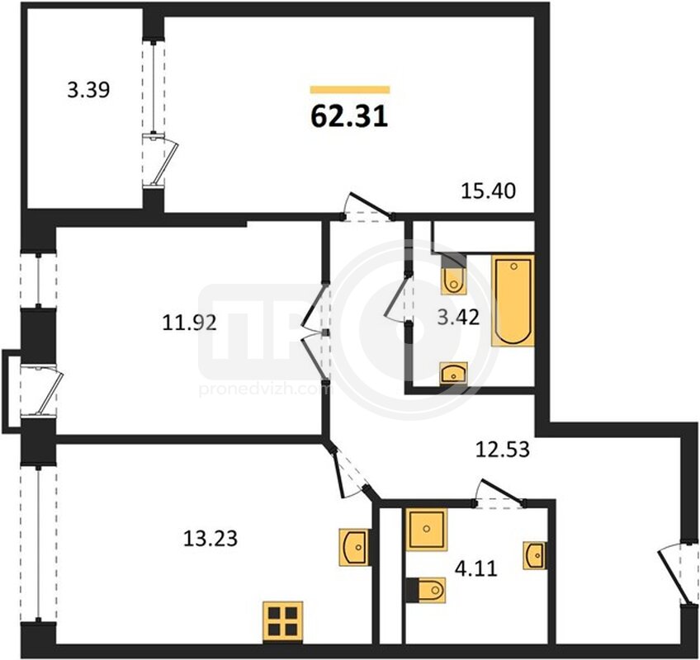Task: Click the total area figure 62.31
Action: coord(349,117)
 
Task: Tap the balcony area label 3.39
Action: coord(88,90)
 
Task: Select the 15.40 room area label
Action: coord(488,191)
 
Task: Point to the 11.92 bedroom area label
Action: coord(189,323)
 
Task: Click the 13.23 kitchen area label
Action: coord(210,538)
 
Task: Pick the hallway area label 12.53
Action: coord(502,450)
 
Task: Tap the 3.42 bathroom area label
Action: coord(458,318)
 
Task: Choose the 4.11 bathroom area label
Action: coord(476,569)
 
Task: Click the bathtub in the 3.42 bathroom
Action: coord(513,300)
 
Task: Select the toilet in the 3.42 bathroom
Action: coord(454,275)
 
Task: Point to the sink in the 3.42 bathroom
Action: coord(453,374)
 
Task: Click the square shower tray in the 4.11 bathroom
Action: coord(427,530)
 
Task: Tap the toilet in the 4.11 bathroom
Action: coord(426,590)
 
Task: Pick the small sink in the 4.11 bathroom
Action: coord(534,555)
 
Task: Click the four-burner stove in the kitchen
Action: coord(283,622)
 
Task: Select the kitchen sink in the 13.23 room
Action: coord(354,547)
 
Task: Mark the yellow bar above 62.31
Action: coord(350,90)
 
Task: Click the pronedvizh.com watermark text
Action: coord(264,390)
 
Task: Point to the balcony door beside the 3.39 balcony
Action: coord(162,163)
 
